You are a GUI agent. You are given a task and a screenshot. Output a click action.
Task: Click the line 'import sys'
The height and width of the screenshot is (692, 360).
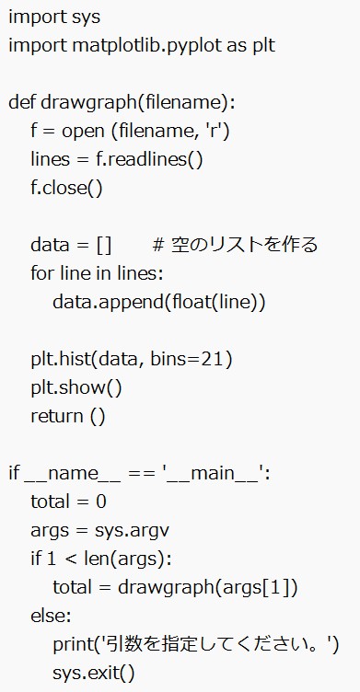pos(54,17)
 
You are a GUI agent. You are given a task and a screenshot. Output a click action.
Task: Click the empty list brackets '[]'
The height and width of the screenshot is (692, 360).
pos(103,245)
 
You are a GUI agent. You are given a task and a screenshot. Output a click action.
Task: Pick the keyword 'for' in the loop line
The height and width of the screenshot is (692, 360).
pos(41,273)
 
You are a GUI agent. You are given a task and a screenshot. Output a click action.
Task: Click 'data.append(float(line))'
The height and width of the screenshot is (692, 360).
pos(158,302)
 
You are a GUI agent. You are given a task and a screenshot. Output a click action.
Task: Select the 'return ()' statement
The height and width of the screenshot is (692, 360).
pos(68,416)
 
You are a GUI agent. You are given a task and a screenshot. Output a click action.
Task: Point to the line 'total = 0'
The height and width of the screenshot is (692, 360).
pos(68,502)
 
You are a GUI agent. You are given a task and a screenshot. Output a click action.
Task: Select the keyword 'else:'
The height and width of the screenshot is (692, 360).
pos(50,616)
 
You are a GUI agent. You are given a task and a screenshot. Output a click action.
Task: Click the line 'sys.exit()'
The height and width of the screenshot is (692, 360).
pos(93,673)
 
